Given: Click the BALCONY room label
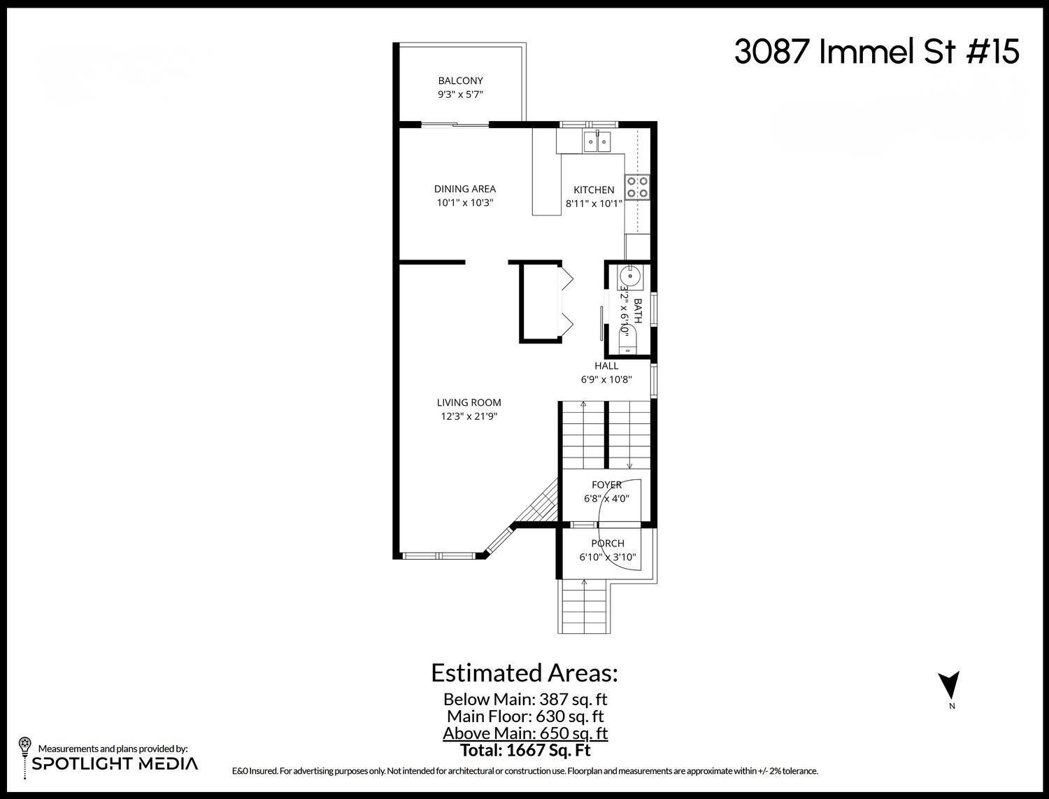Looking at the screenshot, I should coord(460,80).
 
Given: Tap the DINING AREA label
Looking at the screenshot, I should coord(464,189).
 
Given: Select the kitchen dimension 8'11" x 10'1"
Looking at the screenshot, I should coord(594,204).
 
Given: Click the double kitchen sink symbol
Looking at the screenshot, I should coord(597,143).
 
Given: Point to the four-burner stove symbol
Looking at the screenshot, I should coord(637,186).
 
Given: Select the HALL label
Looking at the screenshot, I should coord(606,366).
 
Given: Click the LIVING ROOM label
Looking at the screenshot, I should coord(469,402).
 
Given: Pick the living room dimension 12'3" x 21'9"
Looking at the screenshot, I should coord(469,416).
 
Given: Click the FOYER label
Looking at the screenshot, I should coord(606,485).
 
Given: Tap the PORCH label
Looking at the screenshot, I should coord(607,544).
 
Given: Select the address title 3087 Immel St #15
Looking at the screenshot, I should coord(876,52).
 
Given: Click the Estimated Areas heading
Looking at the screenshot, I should coord(524,673).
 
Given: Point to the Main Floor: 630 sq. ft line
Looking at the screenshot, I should coord(525,716).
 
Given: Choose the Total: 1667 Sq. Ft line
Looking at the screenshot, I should coord(525,751).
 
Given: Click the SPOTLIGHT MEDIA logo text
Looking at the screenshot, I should coord(115,763).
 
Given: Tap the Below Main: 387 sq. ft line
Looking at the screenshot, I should coord(525,699).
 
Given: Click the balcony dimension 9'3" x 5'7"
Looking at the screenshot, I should coord(460,94).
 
